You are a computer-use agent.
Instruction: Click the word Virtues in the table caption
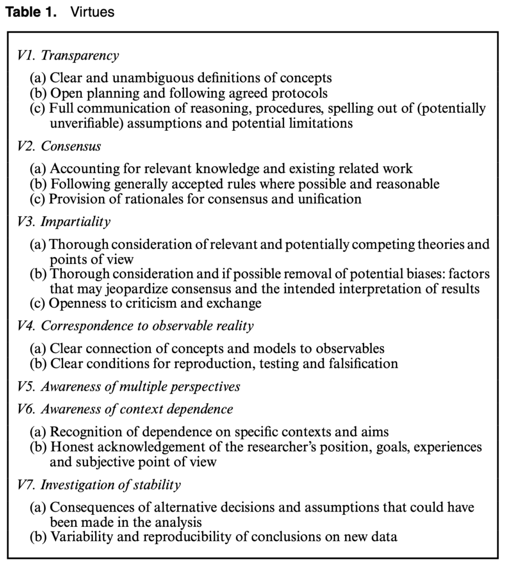point(92,12)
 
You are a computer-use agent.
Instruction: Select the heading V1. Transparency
point(67,55)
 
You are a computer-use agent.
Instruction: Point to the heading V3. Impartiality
point(63,222)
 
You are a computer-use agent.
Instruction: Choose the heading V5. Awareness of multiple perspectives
point(129,386)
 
